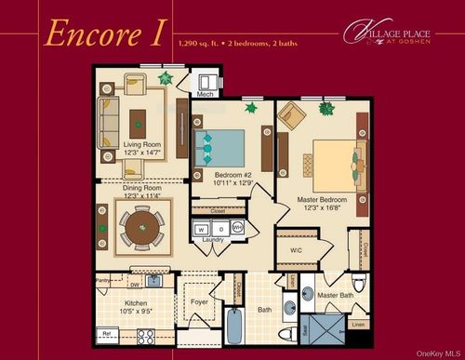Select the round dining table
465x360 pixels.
[x=140, y=230]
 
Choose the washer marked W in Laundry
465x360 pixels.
[x=202, y=228]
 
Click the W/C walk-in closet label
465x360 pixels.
[x=297, y=249]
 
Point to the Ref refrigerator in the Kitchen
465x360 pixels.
[x=107, y=332]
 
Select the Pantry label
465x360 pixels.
[x=103, y=277]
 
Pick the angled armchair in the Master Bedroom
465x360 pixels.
[x=290, y=115]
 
